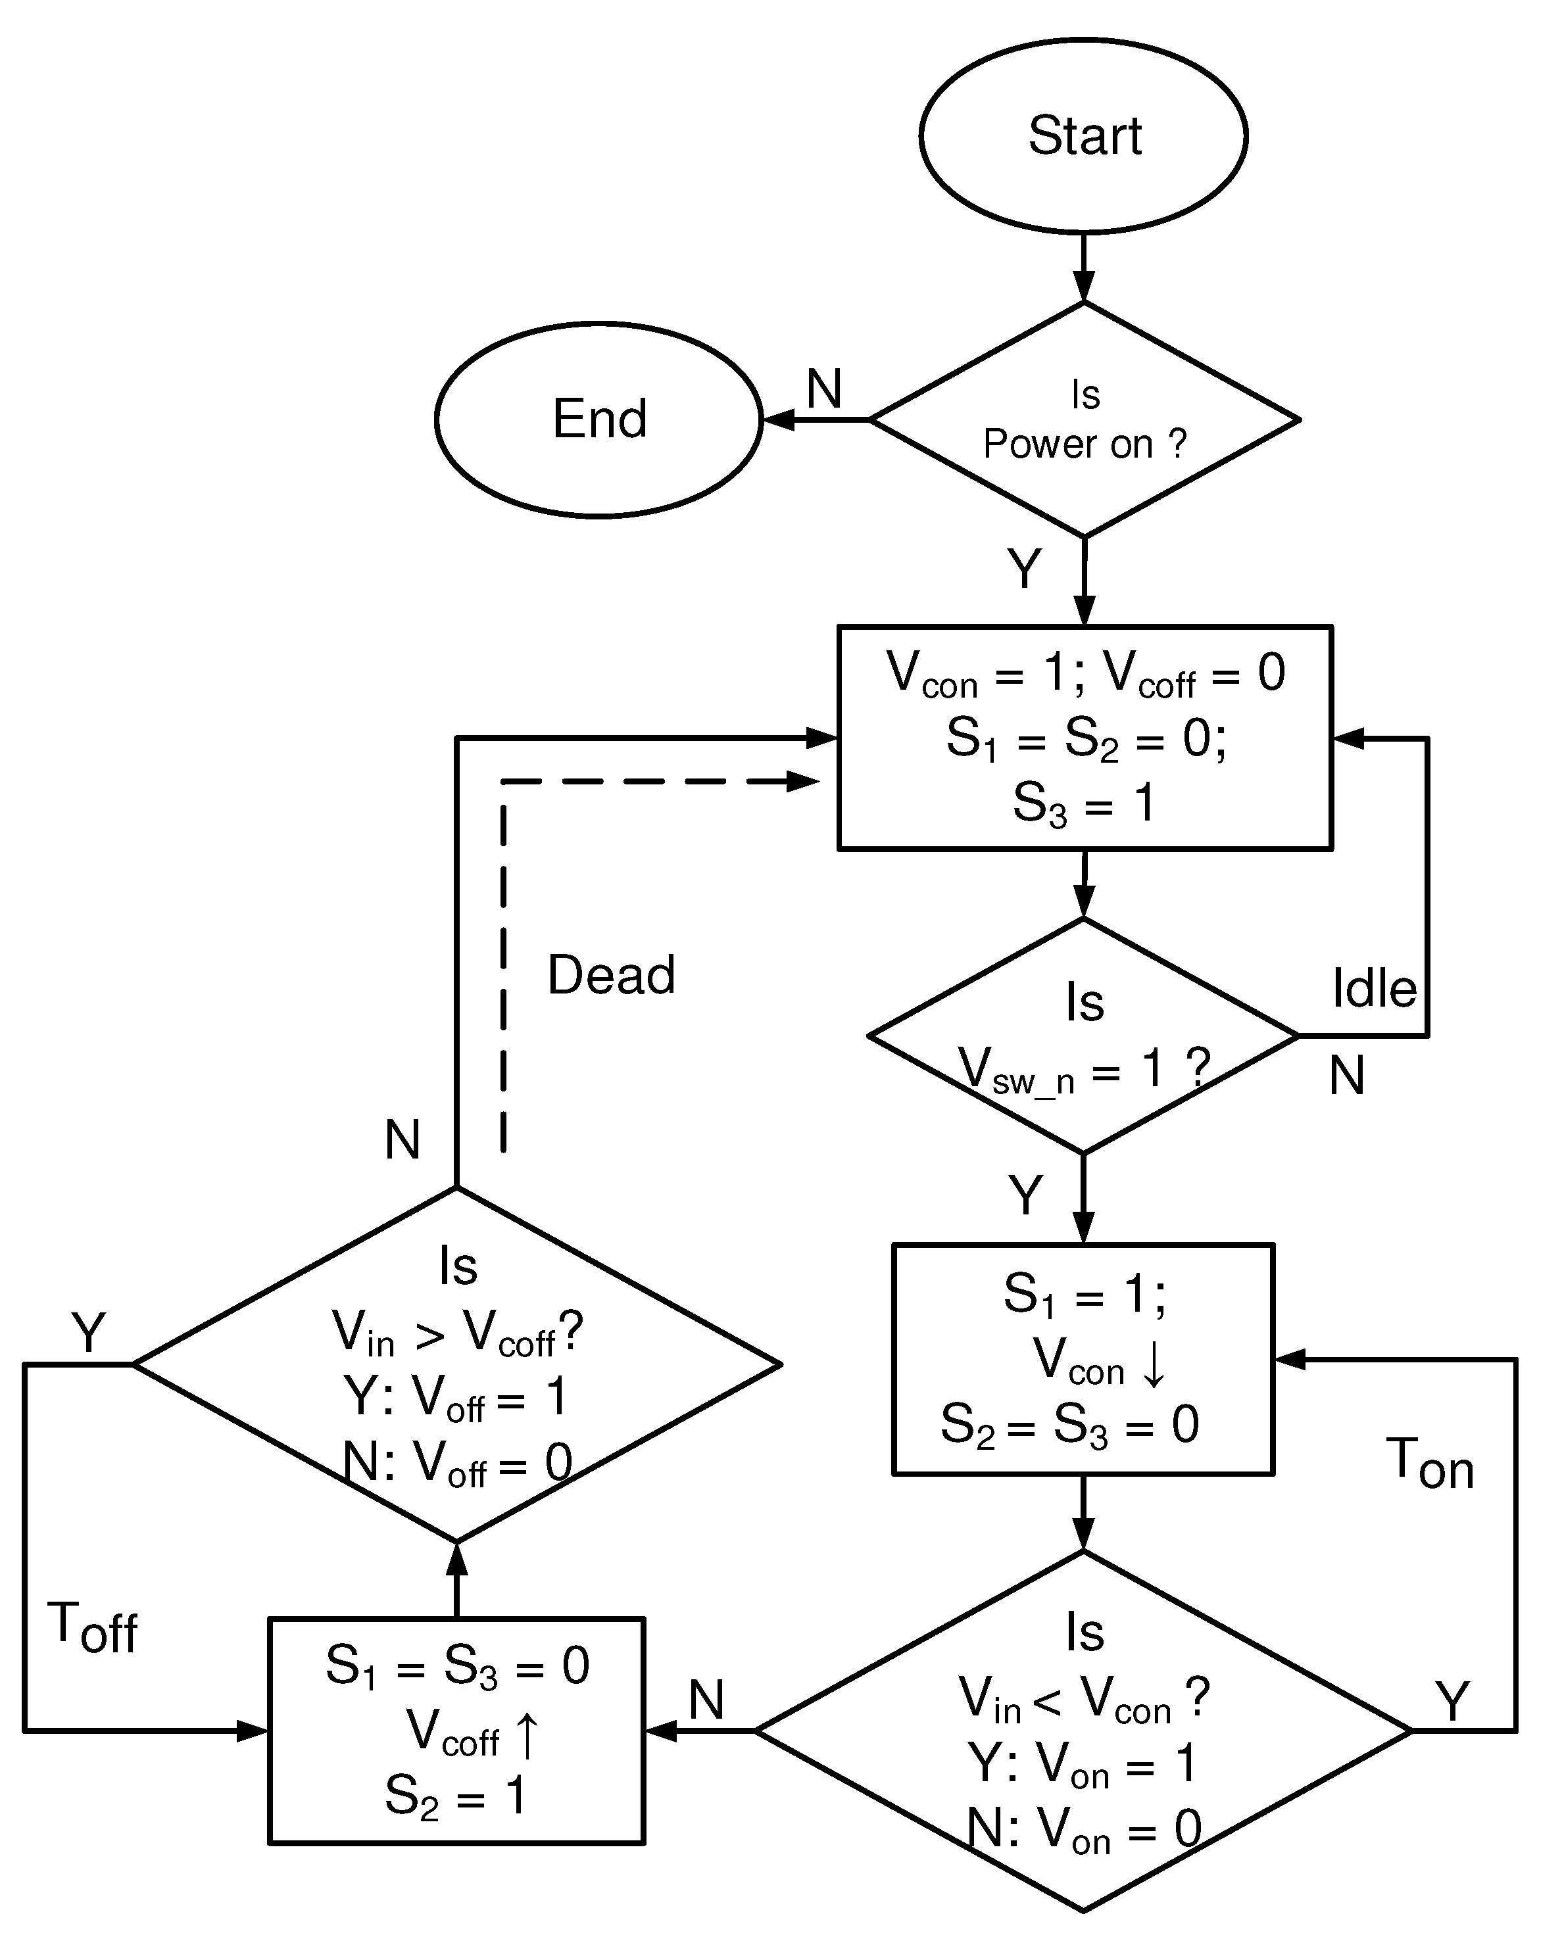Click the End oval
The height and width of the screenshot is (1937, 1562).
click(599, 419)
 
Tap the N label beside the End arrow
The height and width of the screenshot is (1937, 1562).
click(823, 389)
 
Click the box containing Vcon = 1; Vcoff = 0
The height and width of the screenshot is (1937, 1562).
click(1085, 737)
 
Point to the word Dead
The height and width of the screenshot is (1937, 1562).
click(611, 974)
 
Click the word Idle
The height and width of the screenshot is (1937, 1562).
click(1374, 989)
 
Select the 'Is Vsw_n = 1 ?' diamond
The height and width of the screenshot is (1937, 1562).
click(1083, 1036)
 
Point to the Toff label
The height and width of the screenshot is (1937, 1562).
click(93, 1627)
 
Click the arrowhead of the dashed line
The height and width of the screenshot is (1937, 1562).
click(802, 782)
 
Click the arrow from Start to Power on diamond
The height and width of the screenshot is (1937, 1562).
click(1085, 270)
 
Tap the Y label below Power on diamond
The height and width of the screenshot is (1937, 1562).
click(1024, 569)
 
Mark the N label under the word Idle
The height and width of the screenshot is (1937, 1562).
click(1346, 1075)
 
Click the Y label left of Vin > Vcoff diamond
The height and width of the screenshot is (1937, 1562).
click(88, 1332)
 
